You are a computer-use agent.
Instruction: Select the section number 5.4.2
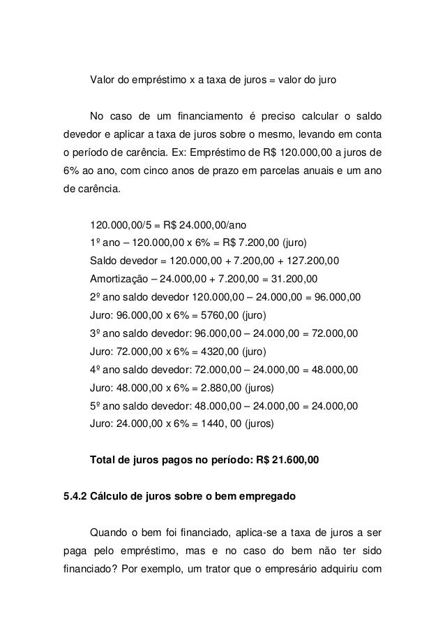(76, 498)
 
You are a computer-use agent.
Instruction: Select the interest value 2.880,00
(216, 388)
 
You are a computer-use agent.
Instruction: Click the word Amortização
(120, 279)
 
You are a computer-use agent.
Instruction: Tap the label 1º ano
(106, 242)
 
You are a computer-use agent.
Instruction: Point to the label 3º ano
(106, 333)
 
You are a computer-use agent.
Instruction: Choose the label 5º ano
(106, 406)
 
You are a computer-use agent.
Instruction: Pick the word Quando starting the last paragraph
(110, 534)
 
